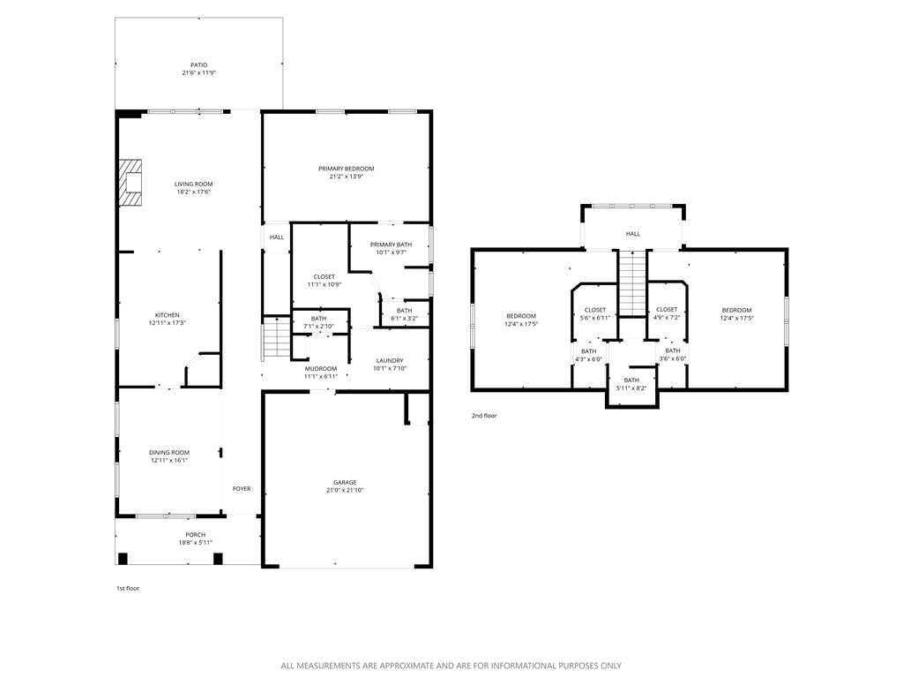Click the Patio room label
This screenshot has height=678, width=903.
tap(198, 64)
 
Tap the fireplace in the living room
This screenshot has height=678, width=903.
tap(132, 183)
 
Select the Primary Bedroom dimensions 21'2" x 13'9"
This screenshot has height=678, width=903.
tap(347, 177)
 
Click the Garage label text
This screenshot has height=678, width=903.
tap(345, 482)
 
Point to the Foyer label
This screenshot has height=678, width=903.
tap(242, 488)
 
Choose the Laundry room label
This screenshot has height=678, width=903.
tap(389, 360)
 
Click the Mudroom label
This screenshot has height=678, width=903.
tap(321, 368)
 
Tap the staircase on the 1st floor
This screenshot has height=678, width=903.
tap(277, 338)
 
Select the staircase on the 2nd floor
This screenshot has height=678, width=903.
tap(631, 282)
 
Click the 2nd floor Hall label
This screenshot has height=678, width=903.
tap(633, 234)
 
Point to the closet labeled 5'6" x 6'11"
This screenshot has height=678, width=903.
tap(595, 313)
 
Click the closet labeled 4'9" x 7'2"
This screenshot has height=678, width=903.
tap(667, 313)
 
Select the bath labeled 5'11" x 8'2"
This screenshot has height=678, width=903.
tap(631, 384)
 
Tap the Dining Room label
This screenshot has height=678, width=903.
tap(169, 452)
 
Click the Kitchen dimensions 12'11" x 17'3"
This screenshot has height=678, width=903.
tap(168, 323)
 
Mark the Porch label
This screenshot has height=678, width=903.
tap(195, 535)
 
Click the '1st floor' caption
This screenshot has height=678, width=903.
tap(128, 588)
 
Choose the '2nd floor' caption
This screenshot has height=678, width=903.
tap(484, 415)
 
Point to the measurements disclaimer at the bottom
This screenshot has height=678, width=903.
tap(451, 666)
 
